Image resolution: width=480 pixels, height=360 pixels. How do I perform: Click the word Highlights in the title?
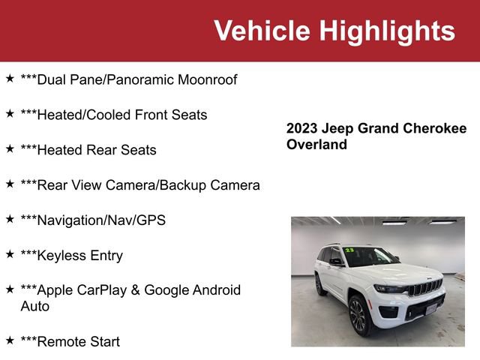386,31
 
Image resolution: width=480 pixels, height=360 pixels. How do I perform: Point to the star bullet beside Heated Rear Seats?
10,148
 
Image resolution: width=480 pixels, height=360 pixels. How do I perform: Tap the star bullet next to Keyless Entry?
10,254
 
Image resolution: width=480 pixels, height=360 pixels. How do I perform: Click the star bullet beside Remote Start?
10,340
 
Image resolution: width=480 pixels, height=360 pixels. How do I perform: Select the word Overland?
316,145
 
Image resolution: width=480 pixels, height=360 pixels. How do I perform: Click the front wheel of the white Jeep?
358,315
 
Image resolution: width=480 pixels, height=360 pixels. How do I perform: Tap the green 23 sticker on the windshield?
349,250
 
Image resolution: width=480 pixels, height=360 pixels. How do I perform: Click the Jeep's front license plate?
431,309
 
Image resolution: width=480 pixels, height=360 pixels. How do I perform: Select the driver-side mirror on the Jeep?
337,262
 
